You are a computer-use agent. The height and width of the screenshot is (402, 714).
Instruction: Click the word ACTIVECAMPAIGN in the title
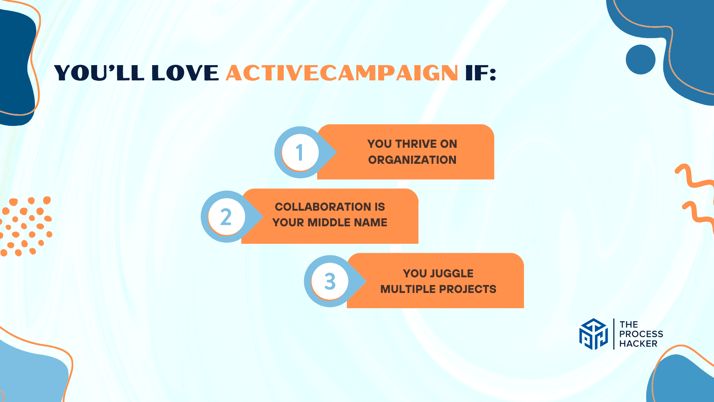tap(342, 73)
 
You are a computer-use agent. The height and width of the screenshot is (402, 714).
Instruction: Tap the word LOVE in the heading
tap(185, 73)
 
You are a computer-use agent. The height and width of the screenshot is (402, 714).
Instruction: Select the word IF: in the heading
tap(481, 73)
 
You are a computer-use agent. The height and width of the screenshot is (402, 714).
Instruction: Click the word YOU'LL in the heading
tap(99, 73)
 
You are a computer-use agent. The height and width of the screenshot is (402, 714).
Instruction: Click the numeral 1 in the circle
tap(300, 153)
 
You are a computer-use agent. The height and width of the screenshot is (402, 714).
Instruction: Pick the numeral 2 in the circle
tap(226, 217)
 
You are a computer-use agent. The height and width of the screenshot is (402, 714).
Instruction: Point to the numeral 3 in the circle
tap(330, 281)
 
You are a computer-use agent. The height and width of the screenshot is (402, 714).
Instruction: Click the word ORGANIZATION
tap(412, 160)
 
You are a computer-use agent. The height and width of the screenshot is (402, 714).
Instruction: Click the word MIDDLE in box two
tap(328, 223)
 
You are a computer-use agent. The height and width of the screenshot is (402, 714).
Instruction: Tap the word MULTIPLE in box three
tap(408, 289)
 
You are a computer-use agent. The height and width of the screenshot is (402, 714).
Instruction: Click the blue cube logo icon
tap(594, 334)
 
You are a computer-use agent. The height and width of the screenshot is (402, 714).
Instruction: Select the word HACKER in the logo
tap(638, 344)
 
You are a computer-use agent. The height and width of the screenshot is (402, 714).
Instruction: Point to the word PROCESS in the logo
tap(641, 334)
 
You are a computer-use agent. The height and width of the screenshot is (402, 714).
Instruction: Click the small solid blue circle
tap(640, 60)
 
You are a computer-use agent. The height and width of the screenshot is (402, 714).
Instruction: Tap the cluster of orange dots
tap(26, 226)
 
